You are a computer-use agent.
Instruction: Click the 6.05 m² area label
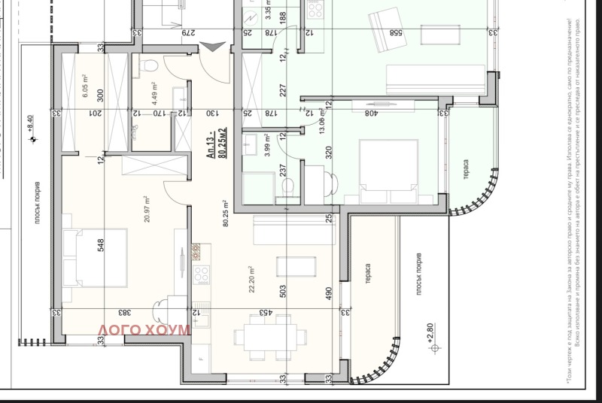point(85,90)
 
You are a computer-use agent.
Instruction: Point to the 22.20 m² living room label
point(251,281)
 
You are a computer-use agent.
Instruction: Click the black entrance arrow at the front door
point(211,47)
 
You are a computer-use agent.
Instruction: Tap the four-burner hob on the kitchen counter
point(201,275)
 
